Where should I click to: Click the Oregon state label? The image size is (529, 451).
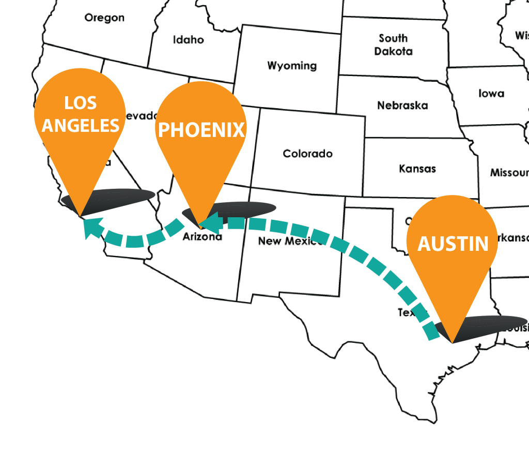104,18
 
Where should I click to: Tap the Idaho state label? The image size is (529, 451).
188,40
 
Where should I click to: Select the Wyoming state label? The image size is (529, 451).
292,66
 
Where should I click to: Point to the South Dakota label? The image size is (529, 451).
393,44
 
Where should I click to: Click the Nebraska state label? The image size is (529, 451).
402,106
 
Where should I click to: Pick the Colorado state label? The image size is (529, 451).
307,154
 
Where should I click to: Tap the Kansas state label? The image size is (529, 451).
417,169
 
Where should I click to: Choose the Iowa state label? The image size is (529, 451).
491,94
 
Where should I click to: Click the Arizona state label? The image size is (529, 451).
203,237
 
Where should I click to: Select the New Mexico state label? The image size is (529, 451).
289,241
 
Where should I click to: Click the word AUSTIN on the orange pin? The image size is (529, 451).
453,244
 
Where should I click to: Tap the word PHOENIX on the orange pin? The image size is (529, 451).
201,130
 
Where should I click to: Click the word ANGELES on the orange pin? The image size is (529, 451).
81,125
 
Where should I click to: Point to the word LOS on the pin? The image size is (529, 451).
80,103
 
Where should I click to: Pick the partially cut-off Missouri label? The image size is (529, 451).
509,173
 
